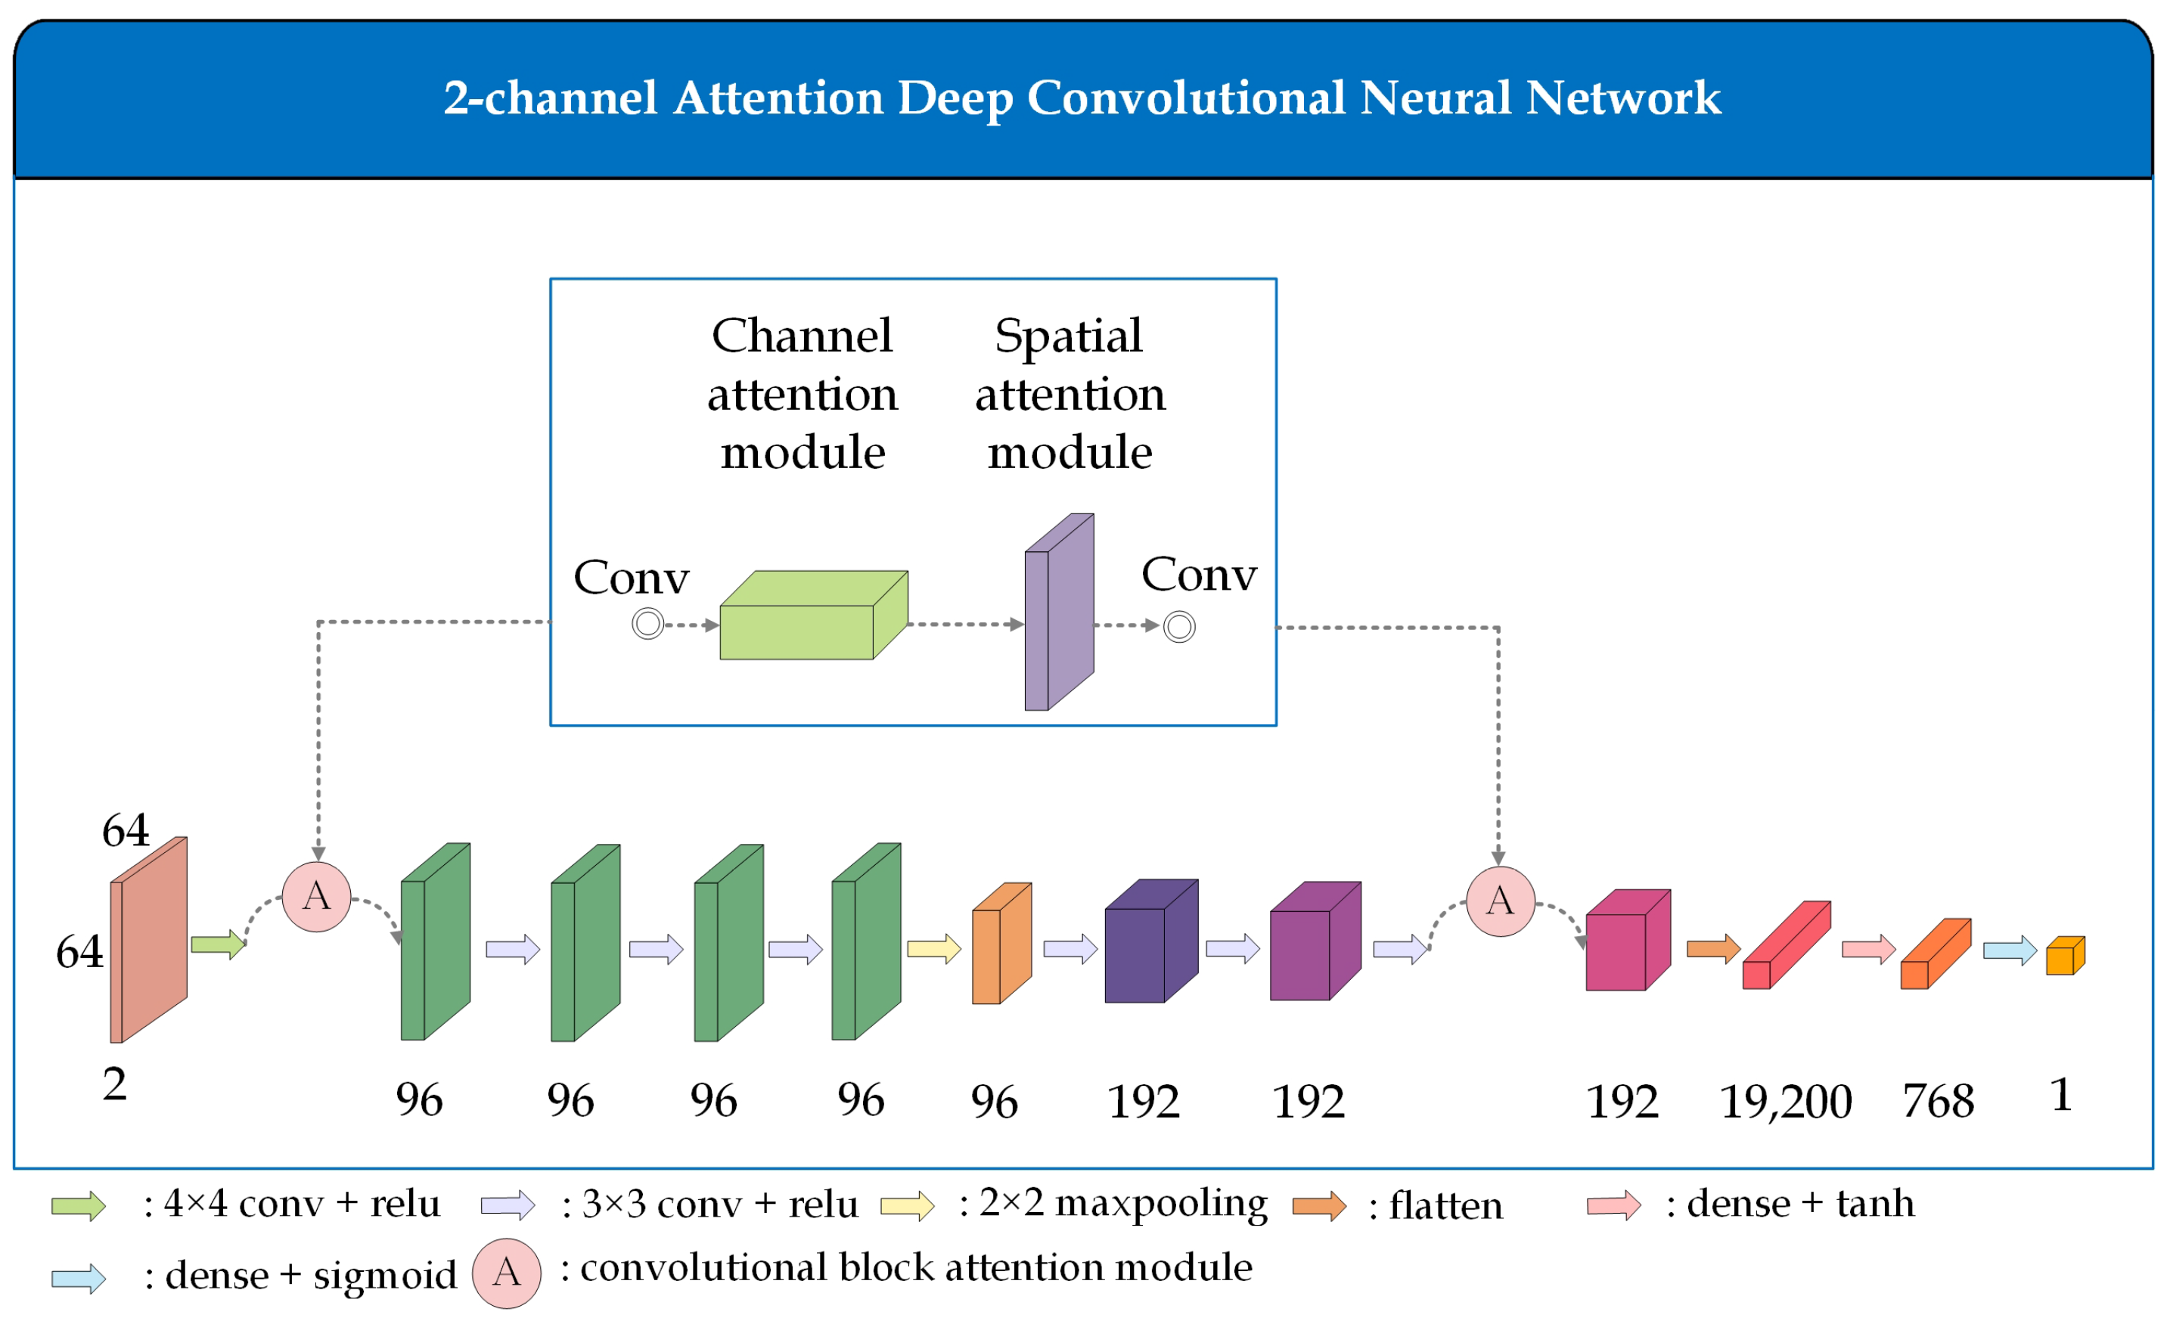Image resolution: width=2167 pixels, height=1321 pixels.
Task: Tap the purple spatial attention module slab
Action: (1059, 613)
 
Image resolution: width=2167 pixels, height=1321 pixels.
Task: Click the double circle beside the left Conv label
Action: (647, 625)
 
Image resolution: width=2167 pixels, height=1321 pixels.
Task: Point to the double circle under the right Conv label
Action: (1178, 627)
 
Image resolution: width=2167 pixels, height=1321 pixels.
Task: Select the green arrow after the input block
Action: (217, 945)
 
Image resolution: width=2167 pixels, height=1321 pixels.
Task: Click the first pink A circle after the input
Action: (317, 897)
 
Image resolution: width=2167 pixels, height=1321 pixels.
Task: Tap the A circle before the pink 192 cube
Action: (1501, 901)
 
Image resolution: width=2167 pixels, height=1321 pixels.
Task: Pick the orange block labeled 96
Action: (1001, 945)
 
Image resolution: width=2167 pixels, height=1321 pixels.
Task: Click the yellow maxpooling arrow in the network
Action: (933, 949)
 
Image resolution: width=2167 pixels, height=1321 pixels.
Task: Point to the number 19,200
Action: (1785, 1101)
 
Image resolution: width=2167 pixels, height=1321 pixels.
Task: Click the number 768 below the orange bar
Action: (1939, 1101)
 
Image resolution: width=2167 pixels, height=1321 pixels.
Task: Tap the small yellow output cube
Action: (2065, 956)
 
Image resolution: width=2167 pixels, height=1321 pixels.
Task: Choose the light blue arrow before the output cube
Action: (2010, 950)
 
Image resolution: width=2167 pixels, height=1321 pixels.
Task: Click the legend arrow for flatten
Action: (1319, 1206)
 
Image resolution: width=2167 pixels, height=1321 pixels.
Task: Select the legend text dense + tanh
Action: (1800, 1203)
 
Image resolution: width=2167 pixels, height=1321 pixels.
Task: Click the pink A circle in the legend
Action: (507, 1273)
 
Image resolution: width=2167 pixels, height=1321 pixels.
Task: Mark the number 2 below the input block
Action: (114, 1084)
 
